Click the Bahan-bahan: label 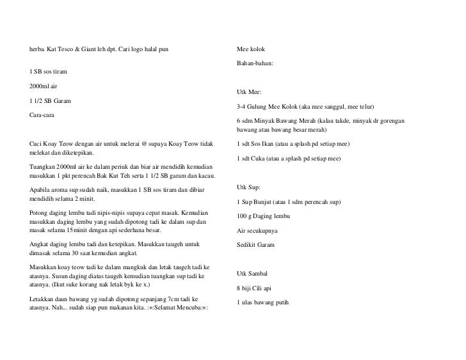(255, 64)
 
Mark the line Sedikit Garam (257, 245)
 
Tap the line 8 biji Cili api (255, 288)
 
